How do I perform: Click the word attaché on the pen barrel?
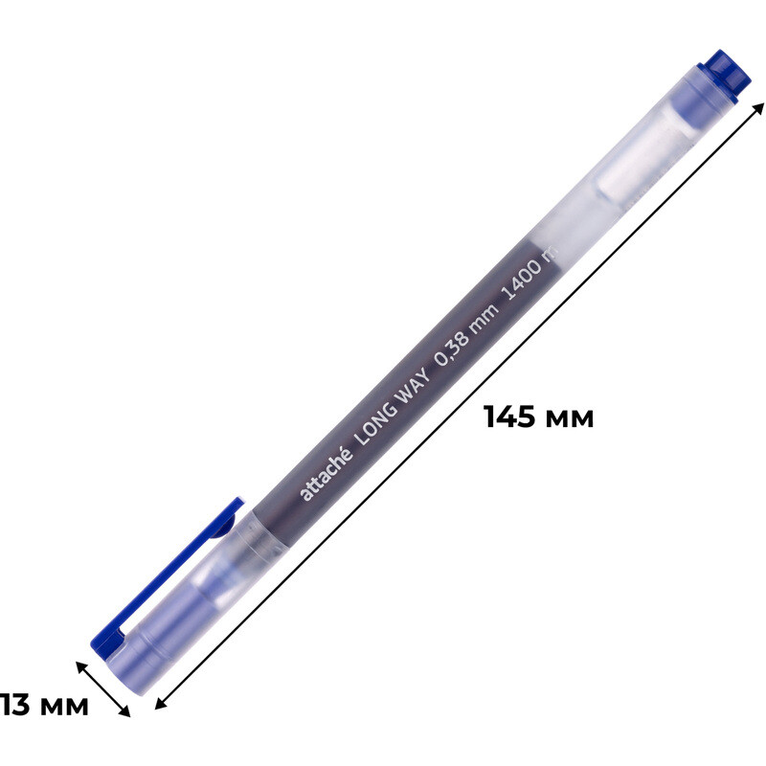click(x=327, y=473)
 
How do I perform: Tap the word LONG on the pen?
click(x=376, y=421)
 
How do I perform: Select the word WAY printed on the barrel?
click(x=415, y=385)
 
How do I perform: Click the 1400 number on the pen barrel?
click(x=521, y=279)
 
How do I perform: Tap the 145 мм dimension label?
click(x=539, y=417)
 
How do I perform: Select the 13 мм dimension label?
click(x=44, y=705)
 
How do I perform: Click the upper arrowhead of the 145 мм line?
click(x=758, y=108)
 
